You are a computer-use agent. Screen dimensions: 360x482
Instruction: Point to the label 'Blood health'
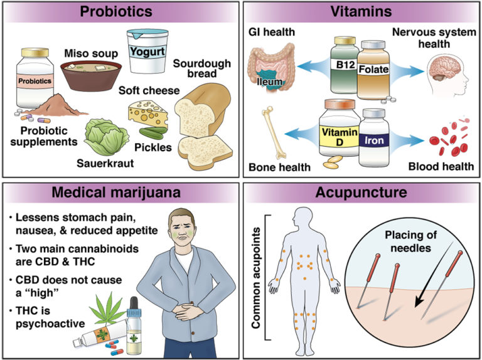point(441,167)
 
